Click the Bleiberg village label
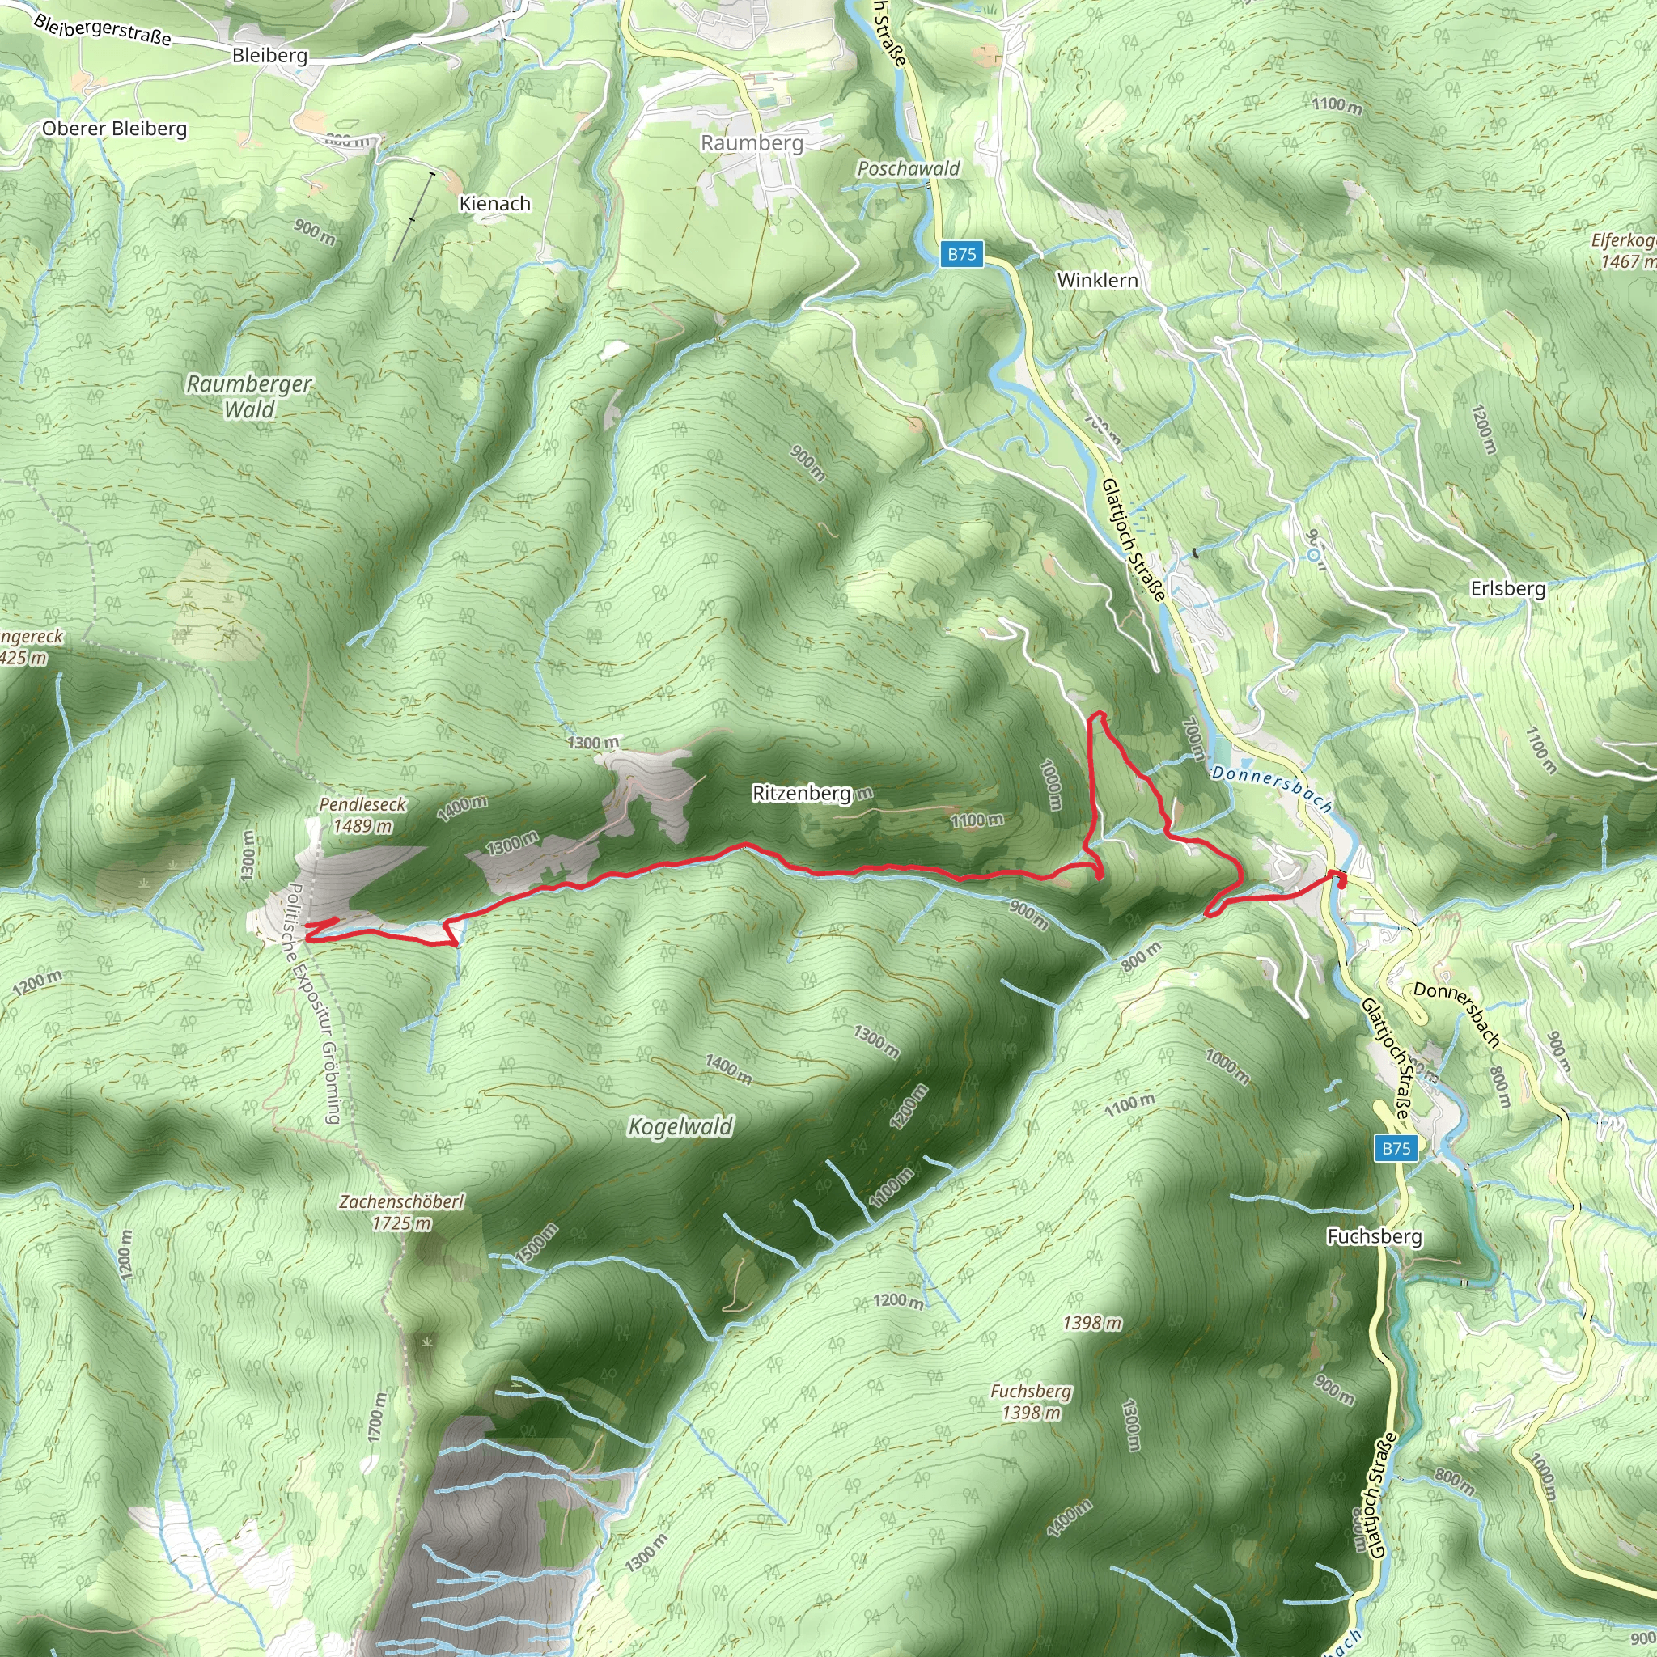(x=269, y=56)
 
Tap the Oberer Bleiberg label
(x=114, y=129)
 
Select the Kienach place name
(x=495, y=203)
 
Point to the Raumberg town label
(x=752, y=142)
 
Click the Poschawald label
(x=909, y=168)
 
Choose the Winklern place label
(x=1097, y=281)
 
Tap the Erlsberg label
(x=1508, y=588)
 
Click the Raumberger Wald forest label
(x=249, y=396)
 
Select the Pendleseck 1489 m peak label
(x=362, y=815)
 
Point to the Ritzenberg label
(x=801, y=794)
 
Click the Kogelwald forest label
(x=681, y=1126)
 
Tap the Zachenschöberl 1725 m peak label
(x=401, y=1212)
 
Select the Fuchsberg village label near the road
(x=1374, y=1236)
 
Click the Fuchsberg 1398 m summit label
(x=1031, y=1401)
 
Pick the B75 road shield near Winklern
(x=961, y=254)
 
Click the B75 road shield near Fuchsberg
(x=1396, y=1148)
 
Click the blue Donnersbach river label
(x=1272, y=789)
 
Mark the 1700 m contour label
(x=376, y=1417)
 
